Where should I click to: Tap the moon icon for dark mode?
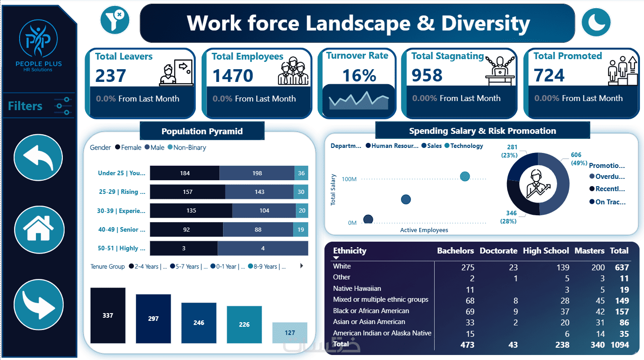[596, 22]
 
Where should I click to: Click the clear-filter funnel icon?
[115, 20]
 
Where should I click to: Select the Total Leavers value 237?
[111, 76]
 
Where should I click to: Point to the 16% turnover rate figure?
[359, 76]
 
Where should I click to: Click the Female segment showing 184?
[185, 173]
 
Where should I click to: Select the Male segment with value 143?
[259, 192]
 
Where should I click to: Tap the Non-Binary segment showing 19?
[300, 229]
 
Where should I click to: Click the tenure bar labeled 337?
[108, 315]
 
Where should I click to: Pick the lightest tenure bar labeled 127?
[290, 333]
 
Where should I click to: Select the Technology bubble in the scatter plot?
[465, 176]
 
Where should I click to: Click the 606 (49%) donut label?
[576, 159]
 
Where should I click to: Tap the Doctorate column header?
[498, 251]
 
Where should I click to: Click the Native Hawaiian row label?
[357, 289]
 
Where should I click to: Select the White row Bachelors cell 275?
[467, 267]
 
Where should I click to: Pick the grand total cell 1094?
[620, 345]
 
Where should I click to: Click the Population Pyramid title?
[202, 132]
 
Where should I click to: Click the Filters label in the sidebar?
[25, 106]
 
